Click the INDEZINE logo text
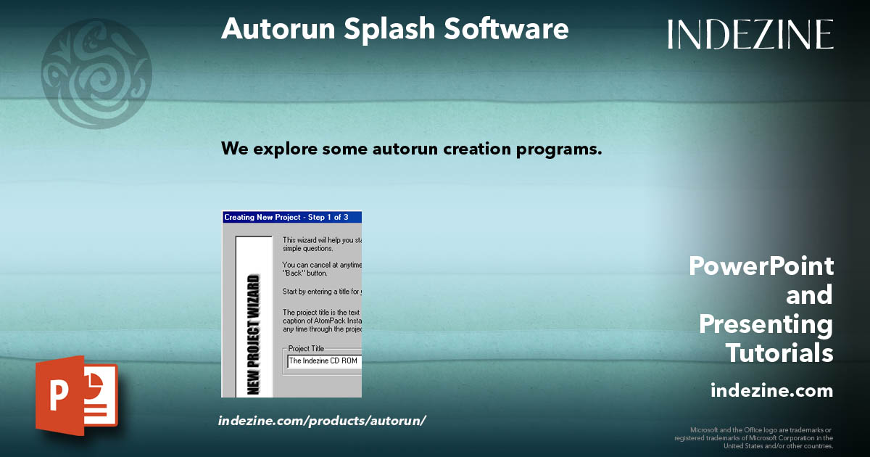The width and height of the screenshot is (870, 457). (750, 34)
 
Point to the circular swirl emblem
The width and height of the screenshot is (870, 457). (96, 73)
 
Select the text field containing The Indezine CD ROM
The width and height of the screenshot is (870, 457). (323, 361)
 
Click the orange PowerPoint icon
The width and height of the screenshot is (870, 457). (76, 395)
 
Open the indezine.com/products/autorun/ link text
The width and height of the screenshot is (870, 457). (322, 421)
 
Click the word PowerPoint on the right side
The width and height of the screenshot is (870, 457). (761, 266)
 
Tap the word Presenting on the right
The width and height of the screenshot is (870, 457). (766, 324)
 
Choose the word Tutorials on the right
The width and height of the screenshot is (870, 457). (779, 353)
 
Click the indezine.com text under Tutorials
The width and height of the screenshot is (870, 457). (771, 391)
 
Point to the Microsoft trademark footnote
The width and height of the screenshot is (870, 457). (754, 437)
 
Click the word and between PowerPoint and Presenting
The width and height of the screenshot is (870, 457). (809, 295)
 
